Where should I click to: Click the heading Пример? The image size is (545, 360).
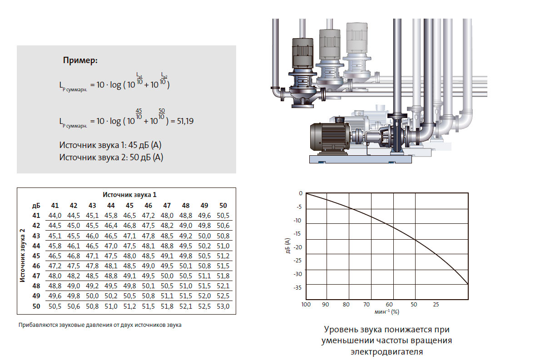tap(80, 60)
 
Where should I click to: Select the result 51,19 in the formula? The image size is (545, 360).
tap(185, 121)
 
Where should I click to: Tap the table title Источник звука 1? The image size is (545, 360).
tap(129, 195)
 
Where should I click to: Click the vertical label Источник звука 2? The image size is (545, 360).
tap(22, 256)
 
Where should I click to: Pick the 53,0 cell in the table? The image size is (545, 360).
tap(223, 306)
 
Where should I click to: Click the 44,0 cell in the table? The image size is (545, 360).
tap(55, 216)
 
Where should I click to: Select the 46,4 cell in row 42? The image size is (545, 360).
tap(111, 226)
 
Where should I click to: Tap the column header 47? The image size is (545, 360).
tap(167, 206)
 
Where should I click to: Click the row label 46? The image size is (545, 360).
tap(36, 266)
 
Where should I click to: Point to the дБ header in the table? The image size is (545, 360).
tap(36, 206)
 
